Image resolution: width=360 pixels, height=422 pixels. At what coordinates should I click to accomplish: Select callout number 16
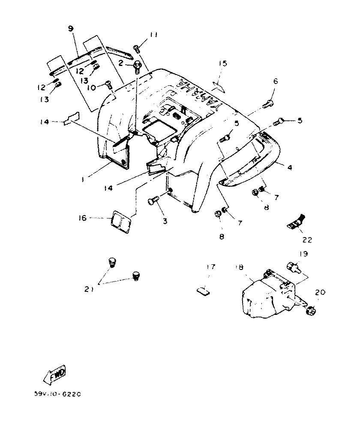pos(83,218)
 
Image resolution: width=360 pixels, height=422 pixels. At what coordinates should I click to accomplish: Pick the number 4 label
pos(290,168)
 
